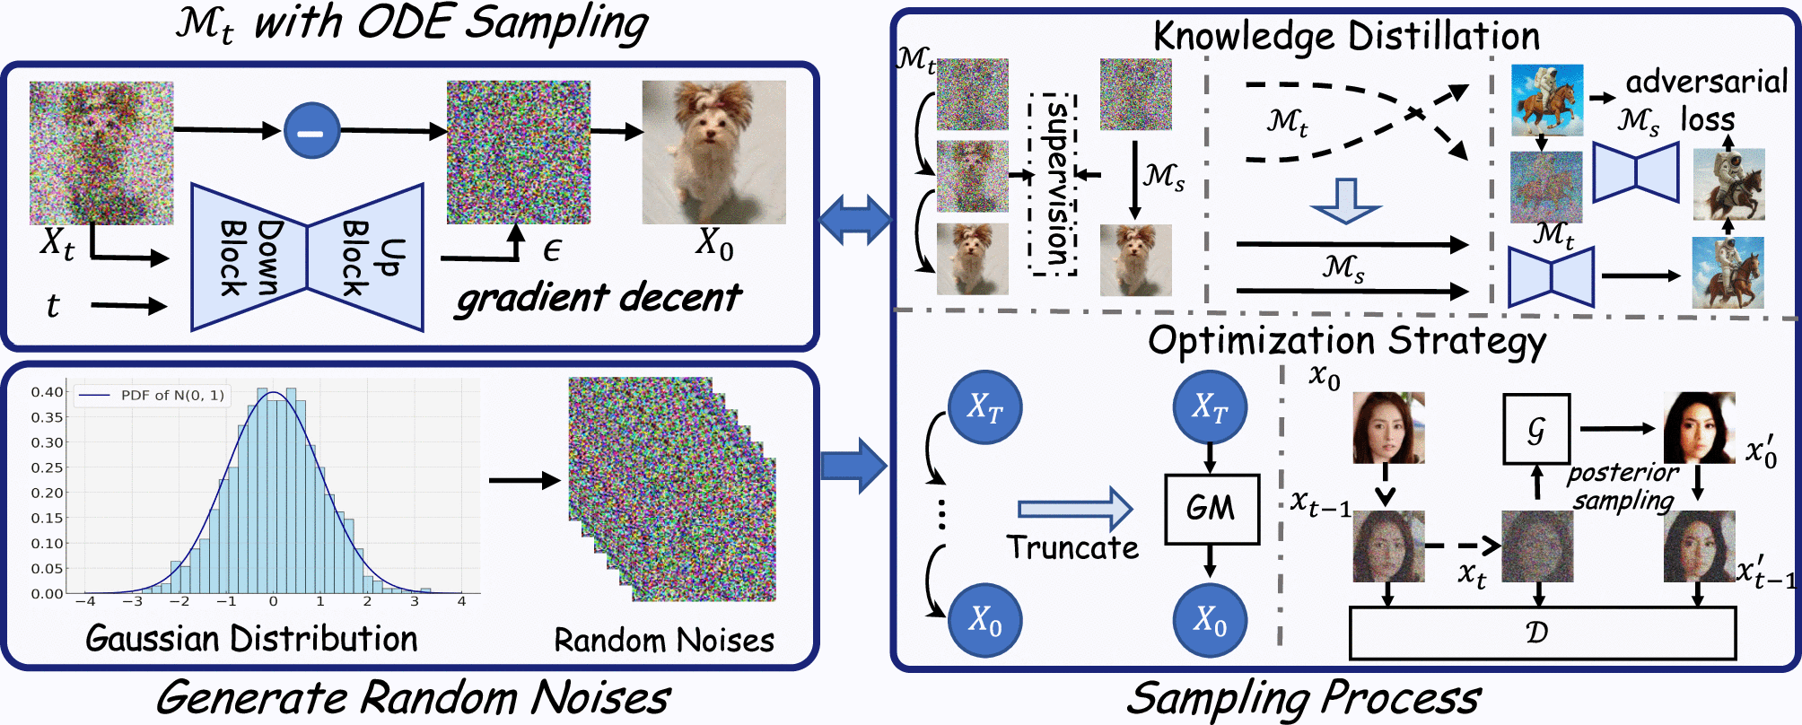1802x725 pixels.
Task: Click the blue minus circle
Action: click(x=311, y=131)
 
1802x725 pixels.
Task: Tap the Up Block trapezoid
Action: click(x=366, y=258)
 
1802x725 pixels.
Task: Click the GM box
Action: click(x=1211, y=509)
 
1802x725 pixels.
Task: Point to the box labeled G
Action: click(x=1536, y=429)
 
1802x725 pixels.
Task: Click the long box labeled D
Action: click(x=1542, y=633)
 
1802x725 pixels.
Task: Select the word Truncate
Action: click(x=1072, y=547)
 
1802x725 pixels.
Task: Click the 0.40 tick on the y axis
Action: click(x=47, y=392)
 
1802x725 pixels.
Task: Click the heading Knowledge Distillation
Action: click(x=1346, y=37)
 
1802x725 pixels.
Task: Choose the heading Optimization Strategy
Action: click(x=1346, y=341)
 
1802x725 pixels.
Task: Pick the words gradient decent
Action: click(x=599, y=298)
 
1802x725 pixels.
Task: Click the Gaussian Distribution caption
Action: click(x=251, y=639)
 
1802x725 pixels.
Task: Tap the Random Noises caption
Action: click(x=664, y=641)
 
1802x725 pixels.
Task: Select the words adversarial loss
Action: click(x=1705, y=100)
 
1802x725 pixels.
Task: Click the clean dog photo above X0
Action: click(x=713, y=152)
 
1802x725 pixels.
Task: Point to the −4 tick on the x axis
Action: click(x=85, y=601)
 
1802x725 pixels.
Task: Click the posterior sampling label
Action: click(x=1623, y=486)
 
